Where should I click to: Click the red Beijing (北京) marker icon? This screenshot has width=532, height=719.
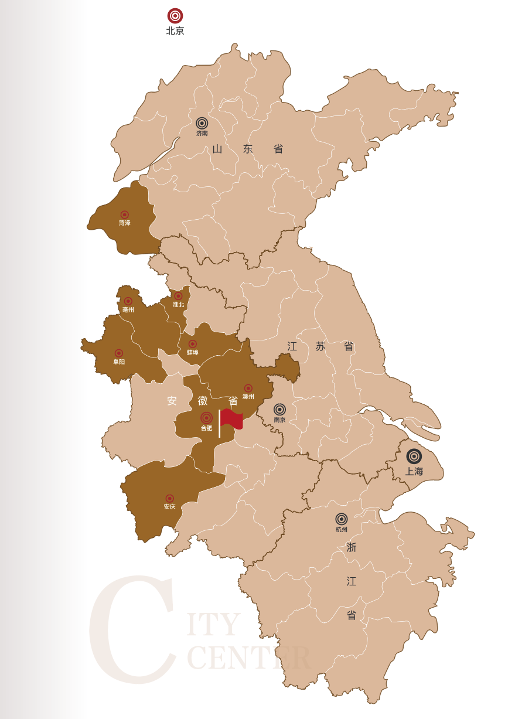[x=175, y=16]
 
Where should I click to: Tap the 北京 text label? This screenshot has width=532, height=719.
[x=175, y=31]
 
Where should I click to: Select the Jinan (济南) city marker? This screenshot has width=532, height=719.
[x=202, y=123]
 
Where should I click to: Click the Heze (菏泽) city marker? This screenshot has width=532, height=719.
[x=124, y=215]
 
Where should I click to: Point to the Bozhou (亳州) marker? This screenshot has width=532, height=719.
[x=128, y=301]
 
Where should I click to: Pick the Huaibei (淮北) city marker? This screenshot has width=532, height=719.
[x=178, y=296]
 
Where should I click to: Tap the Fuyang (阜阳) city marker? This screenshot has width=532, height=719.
[x=119, y=353]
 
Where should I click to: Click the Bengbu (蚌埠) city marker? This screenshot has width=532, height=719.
[x=192, y=344]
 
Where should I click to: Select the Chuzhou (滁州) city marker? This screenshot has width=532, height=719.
[x=248, y=388]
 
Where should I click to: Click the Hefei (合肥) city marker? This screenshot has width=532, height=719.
[x=206, y=418]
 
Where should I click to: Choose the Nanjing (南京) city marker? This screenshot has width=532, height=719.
[x=279, y=409]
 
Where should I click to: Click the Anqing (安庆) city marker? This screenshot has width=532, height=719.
[x=170, y=498]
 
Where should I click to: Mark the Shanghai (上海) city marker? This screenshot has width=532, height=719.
[x=414, y=456]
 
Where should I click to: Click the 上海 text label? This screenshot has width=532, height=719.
[x=414, y=471]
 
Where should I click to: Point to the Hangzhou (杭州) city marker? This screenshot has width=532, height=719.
[x=342, y=519]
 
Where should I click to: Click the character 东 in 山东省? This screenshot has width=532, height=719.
[x=248, y=149]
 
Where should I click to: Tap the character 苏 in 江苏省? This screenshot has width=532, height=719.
[x=320, y=346]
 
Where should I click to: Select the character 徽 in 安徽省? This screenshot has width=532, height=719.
[x=203, y=401]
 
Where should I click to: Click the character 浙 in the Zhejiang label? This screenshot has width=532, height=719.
[x=352, y=547]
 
